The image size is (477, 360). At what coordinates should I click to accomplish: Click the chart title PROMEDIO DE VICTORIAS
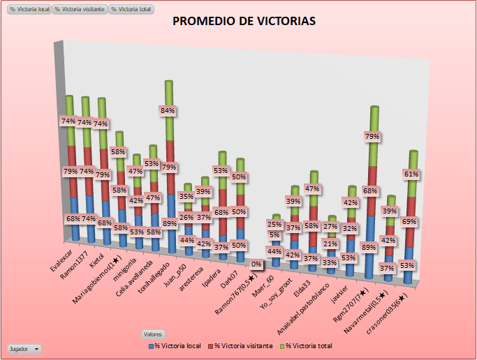point(244,22)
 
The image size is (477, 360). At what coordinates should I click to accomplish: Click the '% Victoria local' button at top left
point(29,9)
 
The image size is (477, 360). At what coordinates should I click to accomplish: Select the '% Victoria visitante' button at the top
point(80,9)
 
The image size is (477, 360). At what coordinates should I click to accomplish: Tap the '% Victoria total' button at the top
point(131,9)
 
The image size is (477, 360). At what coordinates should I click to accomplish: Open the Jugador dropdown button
point(24,347)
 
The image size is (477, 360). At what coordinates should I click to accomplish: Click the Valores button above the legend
point(153,334)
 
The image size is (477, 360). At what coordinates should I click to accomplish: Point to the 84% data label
point(168,110)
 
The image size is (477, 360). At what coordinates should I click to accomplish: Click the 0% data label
point(256,264)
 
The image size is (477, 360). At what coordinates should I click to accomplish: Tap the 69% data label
point(411,221)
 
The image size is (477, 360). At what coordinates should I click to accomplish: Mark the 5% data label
point(274,235)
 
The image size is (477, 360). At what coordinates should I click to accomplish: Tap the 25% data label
point(275,225)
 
